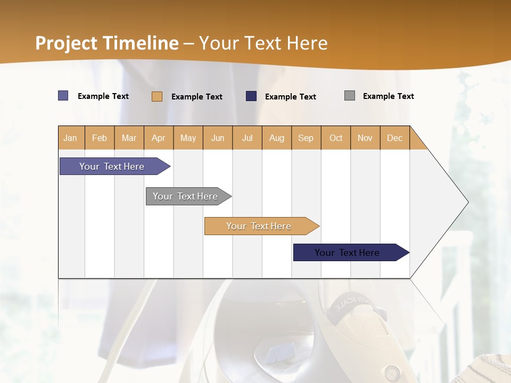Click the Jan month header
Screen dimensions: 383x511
(x=71, y=138)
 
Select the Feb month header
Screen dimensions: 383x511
(x=100, y=138)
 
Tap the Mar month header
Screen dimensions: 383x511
(x=129, y=138)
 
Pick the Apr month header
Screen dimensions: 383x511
(x=159, y=138)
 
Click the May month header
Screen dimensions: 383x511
(x=188, y=138)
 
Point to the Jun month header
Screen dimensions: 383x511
(x=218, y=138)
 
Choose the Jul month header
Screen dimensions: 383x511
(x=247, y=138)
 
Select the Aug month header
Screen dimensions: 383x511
(x=277, y=138)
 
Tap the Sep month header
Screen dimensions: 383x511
(x=306, y=138)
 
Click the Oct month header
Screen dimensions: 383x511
(x=336, y=138)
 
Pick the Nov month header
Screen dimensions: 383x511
(x=365, y=138)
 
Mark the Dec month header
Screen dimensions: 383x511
(x=395, y=138)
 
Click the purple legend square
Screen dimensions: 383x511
(x=63, y=96)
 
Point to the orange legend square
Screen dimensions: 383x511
(x=157, y=96)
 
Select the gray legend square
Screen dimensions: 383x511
(x=350, y=96)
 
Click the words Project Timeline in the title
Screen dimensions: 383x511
(x=107, y=43)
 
